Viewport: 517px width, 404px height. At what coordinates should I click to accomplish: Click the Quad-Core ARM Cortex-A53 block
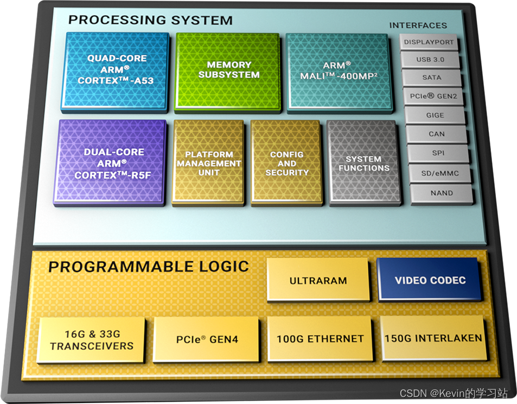116,70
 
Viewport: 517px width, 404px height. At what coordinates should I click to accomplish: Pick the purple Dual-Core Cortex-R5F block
110,162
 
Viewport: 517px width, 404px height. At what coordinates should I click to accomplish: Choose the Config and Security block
286,163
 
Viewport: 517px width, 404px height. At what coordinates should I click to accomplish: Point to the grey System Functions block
364,163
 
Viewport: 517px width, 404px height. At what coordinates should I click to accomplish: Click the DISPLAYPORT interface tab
429,42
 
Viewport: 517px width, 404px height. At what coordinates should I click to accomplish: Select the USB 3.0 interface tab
431,60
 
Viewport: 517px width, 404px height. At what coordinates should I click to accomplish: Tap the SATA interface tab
432,78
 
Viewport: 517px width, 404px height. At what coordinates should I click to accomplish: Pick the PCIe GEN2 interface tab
433,96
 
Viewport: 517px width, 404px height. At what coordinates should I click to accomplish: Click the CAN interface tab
436,134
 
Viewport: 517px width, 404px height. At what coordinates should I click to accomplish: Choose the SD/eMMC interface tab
439,173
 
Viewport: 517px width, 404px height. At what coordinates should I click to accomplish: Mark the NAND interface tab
440,193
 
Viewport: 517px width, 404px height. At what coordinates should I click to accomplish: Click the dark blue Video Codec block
430,280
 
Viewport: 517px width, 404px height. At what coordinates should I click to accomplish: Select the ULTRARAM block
318,280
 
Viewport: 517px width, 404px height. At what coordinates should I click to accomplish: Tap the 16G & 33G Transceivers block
92,340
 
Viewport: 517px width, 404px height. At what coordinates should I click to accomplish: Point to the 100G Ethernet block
320,339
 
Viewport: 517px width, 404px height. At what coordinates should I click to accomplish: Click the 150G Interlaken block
432,338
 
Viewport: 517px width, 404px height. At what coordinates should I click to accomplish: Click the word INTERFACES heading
418,26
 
